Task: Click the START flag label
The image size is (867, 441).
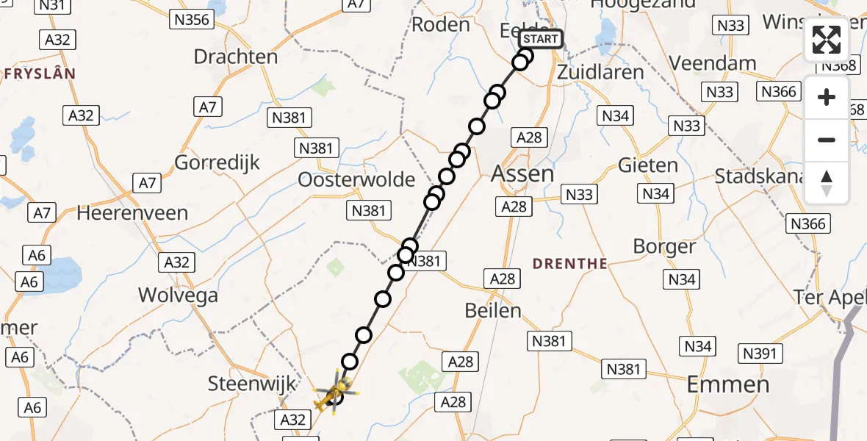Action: click(541, 39)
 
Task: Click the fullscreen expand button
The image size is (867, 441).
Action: click(827, 40)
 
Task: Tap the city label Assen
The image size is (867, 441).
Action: click(522, 173)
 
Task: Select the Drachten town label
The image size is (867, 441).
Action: click(236, 57)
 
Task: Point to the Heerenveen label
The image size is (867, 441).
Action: click(132, 213)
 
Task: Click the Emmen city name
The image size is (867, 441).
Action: click(728, 384)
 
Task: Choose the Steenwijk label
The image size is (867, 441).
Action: click(252, 383)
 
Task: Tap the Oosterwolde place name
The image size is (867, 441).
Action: click(356, 180)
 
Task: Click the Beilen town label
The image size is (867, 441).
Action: click(493, 310)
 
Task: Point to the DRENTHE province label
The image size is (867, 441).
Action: click(570, 263)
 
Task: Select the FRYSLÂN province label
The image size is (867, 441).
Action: click(40, 73)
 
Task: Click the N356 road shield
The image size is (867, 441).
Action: click(191, 19)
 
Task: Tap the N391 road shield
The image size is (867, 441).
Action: click(759, 354)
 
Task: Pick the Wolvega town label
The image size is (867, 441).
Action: click(179, 295)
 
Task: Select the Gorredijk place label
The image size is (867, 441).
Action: click(217, 162)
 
